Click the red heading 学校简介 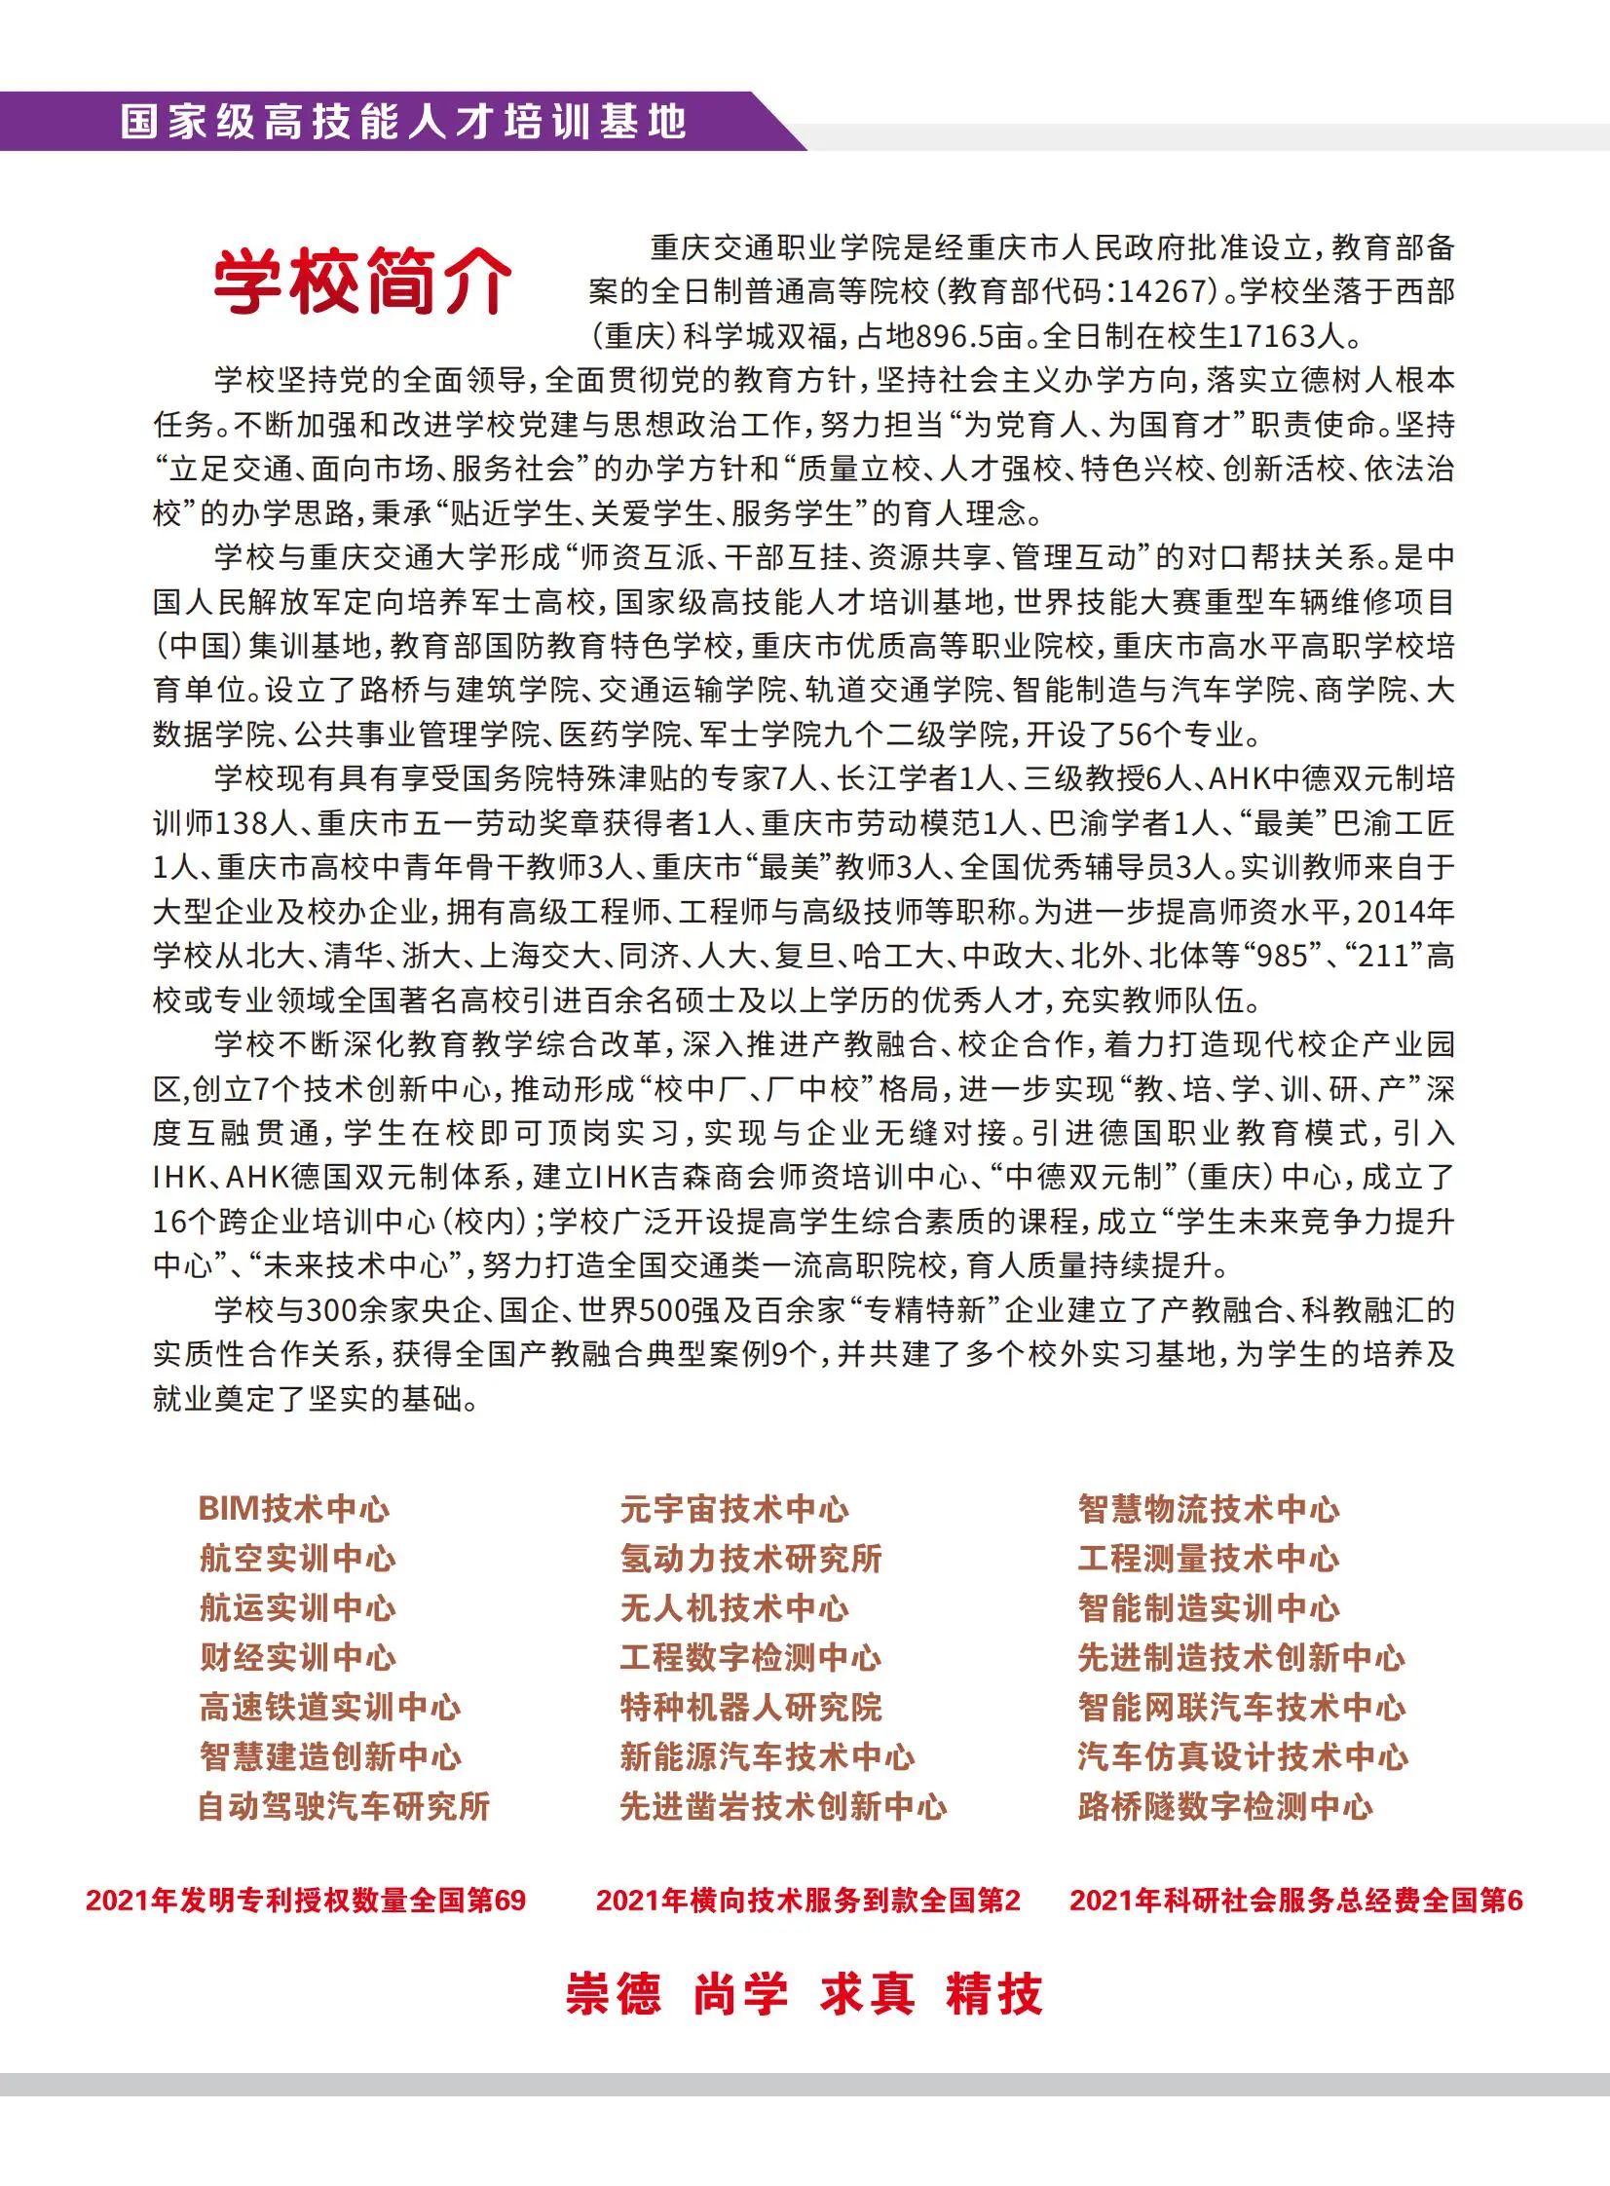(362, 282)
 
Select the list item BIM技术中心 (293, 1509)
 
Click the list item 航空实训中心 (297, 1559)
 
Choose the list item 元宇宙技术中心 (733, 1509)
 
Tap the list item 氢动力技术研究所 (750, 1559)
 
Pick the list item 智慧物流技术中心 (1209, 1509)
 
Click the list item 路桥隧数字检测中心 (1225, 1806)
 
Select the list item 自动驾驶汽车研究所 (344, 1806)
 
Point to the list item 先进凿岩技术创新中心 (783, 1806)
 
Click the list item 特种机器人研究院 (750, 1707)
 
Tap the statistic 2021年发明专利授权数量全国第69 (306, 1901)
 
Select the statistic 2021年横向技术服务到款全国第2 (808, 1901)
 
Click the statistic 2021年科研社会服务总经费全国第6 (1296, 1901)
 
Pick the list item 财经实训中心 (297, 1657)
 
